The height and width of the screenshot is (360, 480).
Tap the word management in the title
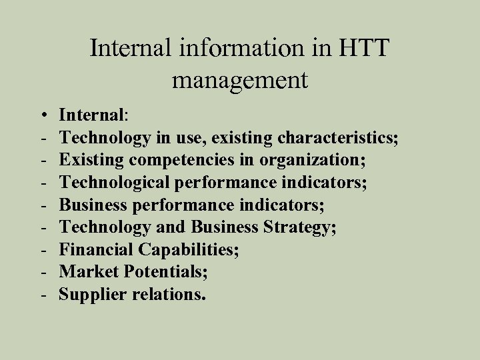[x=240, y=81]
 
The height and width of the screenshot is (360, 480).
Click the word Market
[x=87, y=272]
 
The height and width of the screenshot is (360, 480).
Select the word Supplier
[x=92, y=294]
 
